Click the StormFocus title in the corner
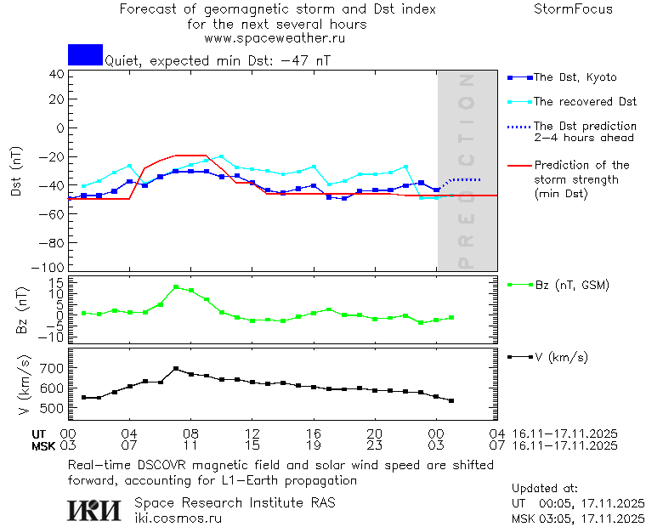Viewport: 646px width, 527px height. click(573, 9)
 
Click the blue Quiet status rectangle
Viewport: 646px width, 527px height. click(85, 54)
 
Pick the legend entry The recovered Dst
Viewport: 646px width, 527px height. click(585, 102)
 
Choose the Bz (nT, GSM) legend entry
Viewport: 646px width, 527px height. click(571, 285)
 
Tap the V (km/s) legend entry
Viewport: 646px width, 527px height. click(561, 356)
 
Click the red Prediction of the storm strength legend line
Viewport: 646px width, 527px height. click(518, 166)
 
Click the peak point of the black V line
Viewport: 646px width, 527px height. click(176, 369)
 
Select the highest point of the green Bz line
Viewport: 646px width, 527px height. click(176, 287)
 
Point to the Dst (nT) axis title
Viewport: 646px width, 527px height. click(17, 171)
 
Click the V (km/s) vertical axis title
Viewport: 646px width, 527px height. click(17, 388)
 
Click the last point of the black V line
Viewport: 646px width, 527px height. click(451, 400)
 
